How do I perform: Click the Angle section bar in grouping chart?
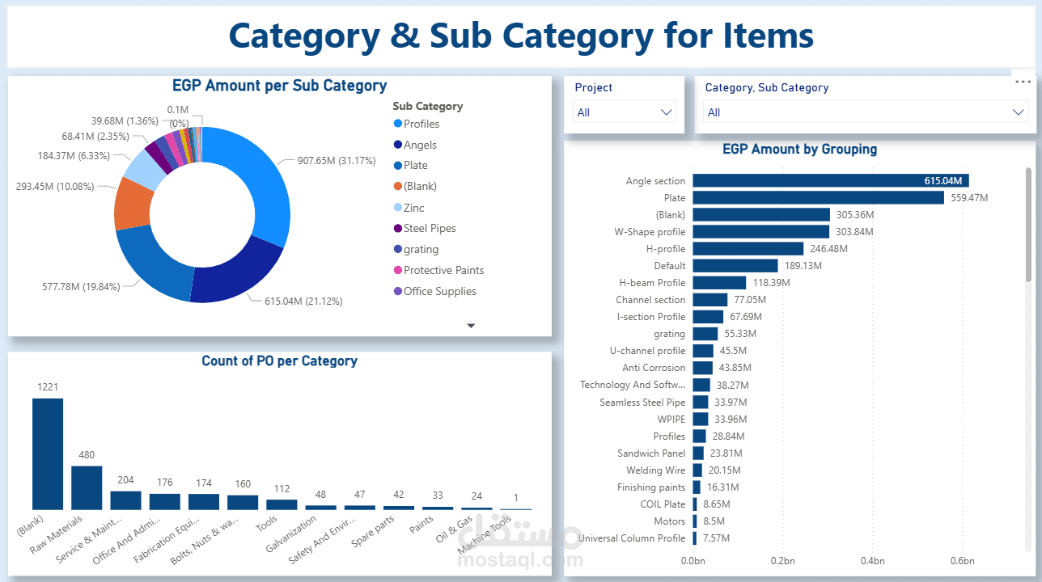(830, 181)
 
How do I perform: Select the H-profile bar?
(748, 249)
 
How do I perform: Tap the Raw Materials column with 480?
(87, 487)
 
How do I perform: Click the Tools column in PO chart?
(282, 504)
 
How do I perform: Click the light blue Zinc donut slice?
(142, 167)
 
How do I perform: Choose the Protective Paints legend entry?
(443, 271)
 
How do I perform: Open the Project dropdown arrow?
(667, 112)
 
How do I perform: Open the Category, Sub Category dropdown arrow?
(1019, 112)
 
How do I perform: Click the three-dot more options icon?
(1023, 82)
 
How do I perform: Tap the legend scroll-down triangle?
(471, 326)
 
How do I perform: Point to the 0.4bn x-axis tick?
(872, 561)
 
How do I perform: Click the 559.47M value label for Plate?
(968, 198)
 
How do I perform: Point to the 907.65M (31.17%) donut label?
(335, 161)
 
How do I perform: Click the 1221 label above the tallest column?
(48, 387)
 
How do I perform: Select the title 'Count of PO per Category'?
(279, 361)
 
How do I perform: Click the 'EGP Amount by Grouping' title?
(799, 150)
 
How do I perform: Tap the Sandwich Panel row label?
(651, 453)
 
